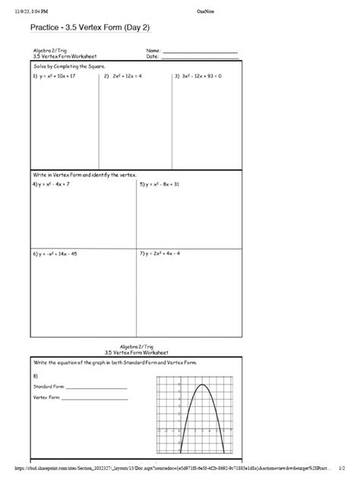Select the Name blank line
coord(200,52)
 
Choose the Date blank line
coord(200,57)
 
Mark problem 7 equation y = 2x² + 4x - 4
coord(163,254)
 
